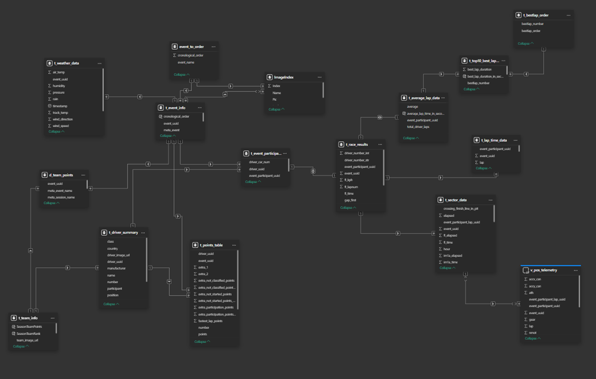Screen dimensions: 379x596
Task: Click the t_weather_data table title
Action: click(x=66, y=63)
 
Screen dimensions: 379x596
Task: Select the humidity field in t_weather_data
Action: click(x=59, y=86)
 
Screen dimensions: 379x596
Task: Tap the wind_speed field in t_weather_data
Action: click(x=60, y=126)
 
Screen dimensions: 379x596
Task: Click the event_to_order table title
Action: click(x=191, y=47)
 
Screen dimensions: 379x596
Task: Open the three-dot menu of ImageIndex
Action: click(x=319, y=77)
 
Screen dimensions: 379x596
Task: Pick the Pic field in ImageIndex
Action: click(x=275, y=99)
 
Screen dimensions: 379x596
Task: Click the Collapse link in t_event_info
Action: click(x=168, y=136)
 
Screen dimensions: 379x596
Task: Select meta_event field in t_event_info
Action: click(x=171, y=130)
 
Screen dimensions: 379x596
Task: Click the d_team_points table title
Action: click(x=61, y=175)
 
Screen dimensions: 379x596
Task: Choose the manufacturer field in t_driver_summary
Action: click(x=116, y=268)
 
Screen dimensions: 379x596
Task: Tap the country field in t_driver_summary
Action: click(x=112, y=249)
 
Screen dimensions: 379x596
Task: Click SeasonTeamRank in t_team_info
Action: click(x=28, y=333)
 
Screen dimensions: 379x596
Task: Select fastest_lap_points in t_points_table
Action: click(x=210, y=321)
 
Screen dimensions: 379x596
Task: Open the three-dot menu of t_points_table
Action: click(x=234, y=245)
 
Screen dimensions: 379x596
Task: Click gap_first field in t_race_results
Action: click(x=350, y=200)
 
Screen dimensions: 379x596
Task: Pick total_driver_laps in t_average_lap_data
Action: click(x=418, y=127)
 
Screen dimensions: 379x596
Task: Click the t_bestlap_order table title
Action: click(x=536, y=15)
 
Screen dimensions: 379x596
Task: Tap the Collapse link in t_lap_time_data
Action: click(x=483, y=168)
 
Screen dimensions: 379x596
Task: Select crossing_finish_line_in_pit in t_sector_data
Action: click(x=461, y=208)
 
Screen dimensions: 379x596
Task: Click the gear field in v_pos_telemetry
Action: click(x=532, y=320)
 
